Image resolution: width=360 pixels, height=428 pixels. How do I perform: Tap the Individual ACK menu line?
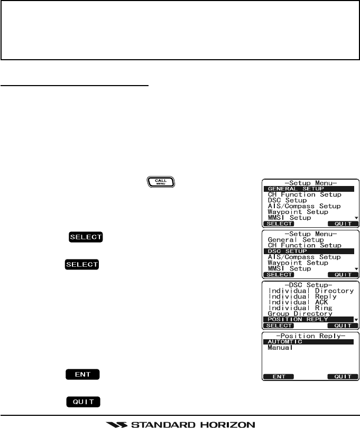[299, 302]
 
